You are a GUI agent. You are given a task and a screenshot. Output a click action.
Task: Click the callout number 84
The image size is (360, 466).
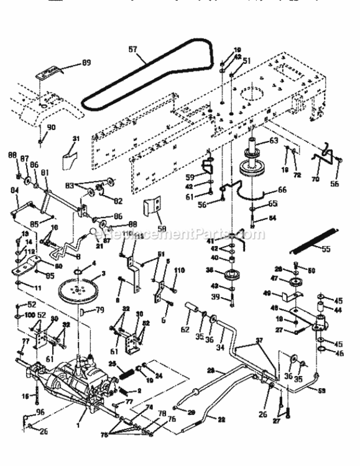pyautogui.click(x=14, y=199)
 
